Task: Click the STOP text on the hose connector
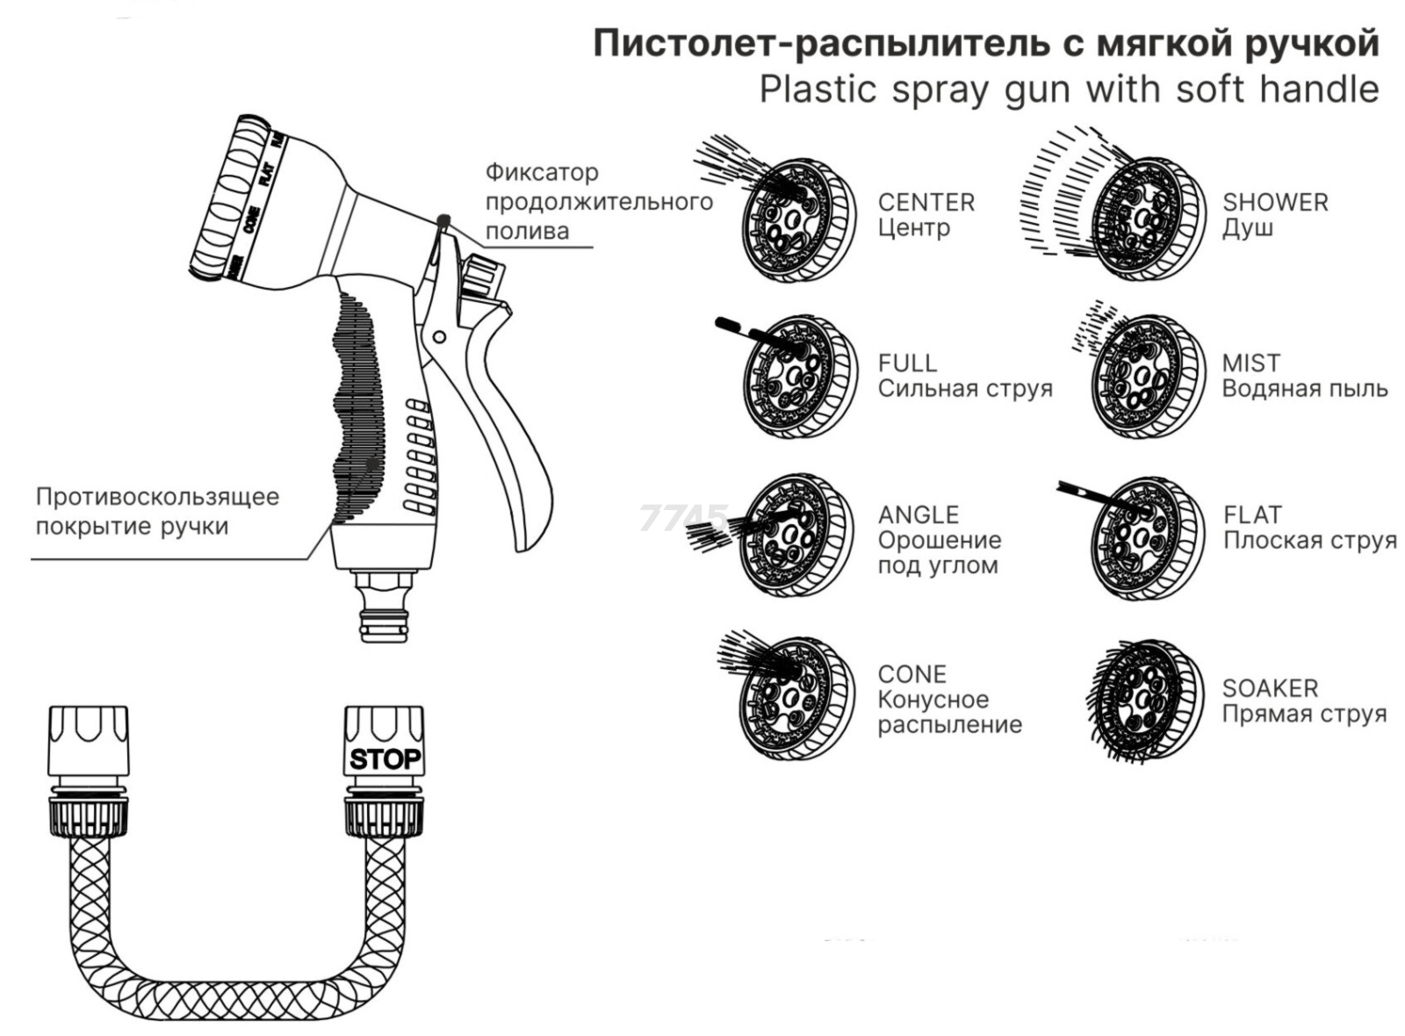(385, 759)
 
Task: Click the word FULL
(907, 363)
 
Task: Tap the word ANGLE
(918, 514)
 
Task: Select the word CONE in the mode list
(911, 674)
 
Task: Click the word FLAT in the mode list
(1252, 514)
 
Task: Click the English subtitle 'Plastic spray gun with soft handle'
(1068, 90)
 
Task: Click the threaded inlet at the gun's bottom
(385, 606)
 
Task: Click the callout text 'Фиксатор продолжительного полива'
(597, 202)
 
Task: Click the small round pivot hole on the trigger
(440, 336)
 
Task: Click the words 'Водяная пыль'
(1304, 388)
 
